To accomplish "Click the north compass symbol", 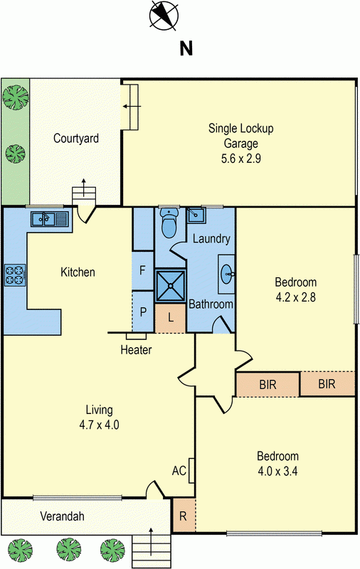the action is coord(164,15).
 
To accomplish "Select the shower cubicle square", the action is coord(170,286).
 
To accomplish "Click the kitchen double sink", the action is coord(49,219).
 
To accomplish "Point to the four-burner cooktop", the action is coord(15,275).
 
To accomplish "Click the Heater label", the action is coord(136,350).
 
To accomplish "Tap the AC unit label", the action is coord(179,471).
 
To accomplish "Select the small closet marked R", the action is coord(184,516).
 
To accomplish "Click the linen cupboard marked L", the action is coord(171,318).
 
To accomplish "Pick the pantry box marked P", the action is coord(143,312).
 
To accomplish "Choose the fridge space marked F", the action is coord(142,270).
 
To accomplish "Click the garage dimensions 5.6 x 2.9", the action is coord(241,159).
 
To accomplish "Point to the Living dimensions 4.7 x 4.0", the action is coord(99,425).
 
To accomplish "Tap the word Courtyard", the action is coord(76,138).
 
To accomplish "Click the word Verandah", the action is coord(62,516).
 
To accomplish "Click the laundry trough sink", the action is coord(196,215).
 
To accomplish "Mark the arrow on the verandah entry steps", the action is coord(151,541).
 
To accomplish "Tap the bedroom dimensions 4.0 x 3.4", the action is coord(277,472).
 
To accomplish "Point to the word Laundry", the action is coord(211,239).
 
